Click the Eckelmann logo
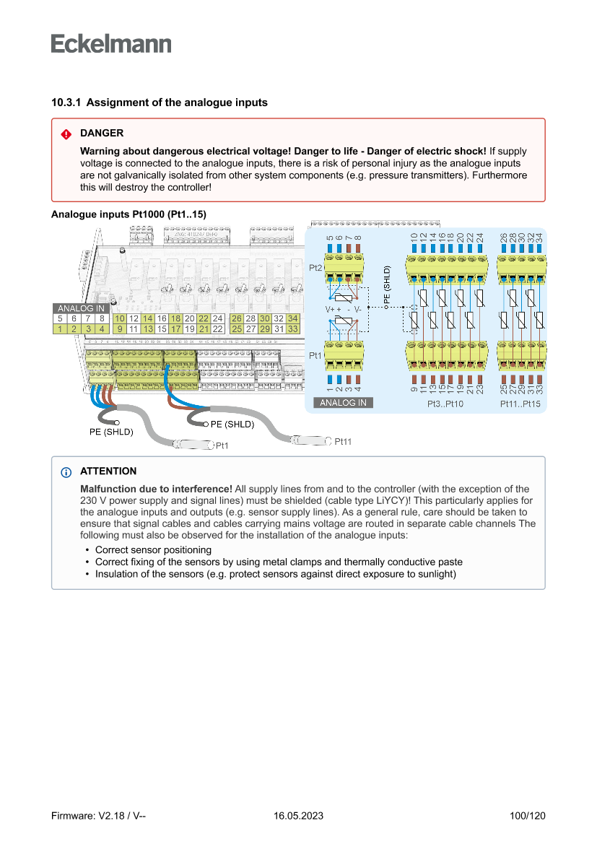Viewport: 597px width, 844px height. pos(111,43)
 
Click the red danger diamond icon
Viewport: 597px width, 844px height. pos(66,134)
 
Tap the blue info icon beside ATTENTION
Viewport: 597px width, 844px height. pos(66,471)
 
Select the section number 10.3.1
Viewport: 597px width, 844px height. pos(66,103)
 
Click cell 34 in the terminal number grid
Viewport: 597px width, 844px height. pos(292,318)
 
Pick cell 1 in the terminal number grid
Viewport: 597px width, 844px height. pos(61,329)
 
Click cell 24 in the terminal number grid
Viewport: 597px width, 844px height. pos(217,318)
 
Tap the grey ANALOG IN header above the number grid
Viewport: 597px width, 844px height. pos(81,308)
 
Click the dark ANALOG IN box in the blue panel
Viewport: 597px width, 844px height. pos(343,403)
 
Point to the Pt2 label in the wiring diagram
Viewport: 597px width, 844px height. pos(315,268)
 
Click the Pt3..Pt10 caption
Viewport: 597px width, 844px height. pos(446,404)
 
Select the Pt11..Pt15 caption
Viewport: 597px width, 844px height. pos(520,404)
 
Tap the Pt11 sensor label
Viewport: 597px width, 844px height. pos(343,441)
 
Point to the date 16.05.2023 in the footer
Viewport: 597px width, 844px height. pos(298,816)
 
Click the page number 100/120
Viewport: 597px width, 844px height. pos(527,816)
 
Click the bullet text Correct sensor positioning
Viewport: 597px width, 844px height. pos(153,549)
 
